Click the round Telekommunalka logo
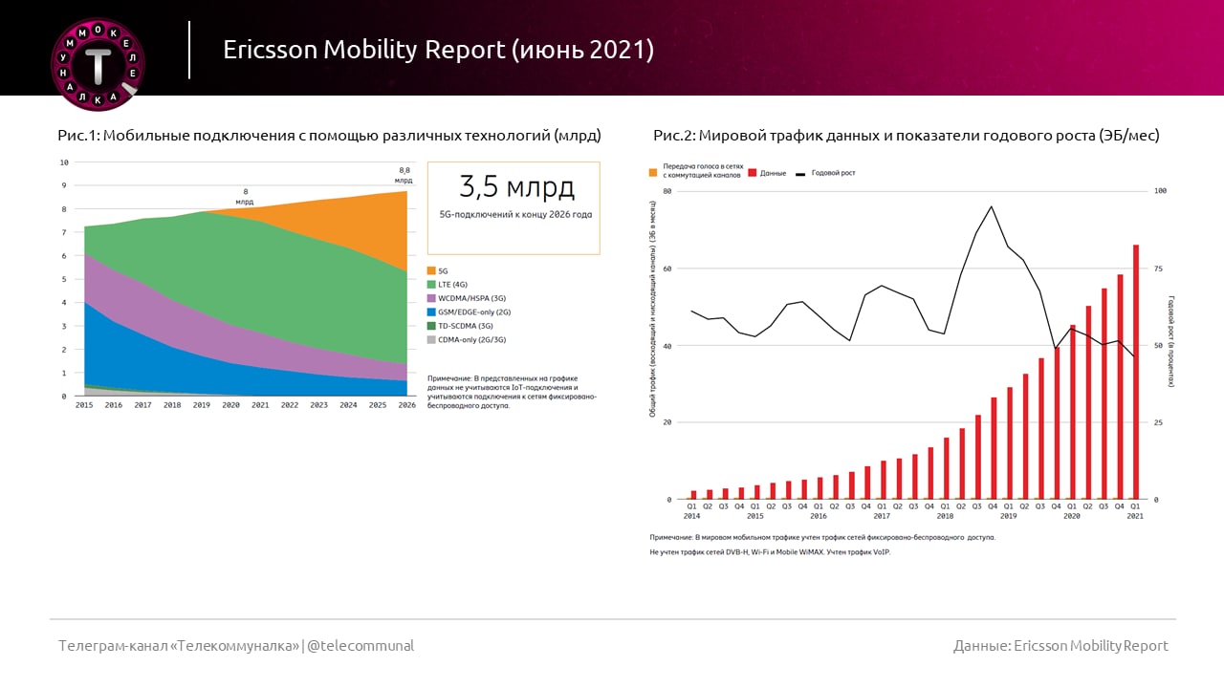click(x=97, y=63)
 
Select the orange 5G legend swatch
click(x=431, y=271)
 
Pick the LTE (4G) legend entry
click(x=452, y=285)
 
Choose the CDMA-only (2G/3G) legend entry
click(x=465, y=339)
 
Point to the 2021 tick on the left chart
click(x=259, y=405)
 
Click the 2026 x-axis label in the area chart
click(x=407, y=405)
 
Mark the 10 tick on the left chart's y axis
click(x=64, y=162)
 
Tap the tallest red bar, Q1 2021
click(x=1135, y=372)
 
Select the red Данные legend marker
click(x=752, y=173)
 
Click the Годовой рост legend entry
click(x=833, y=173)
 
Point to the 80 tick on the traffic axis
click(x=667, y=191)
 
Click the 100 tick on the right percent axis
click(x=1161, y=191)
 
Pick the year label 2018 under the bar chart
click(x=945, y=516)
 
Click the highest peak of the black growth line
click(x=991, y=206)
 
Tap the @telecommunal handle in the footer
click(x=361, y=646)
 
